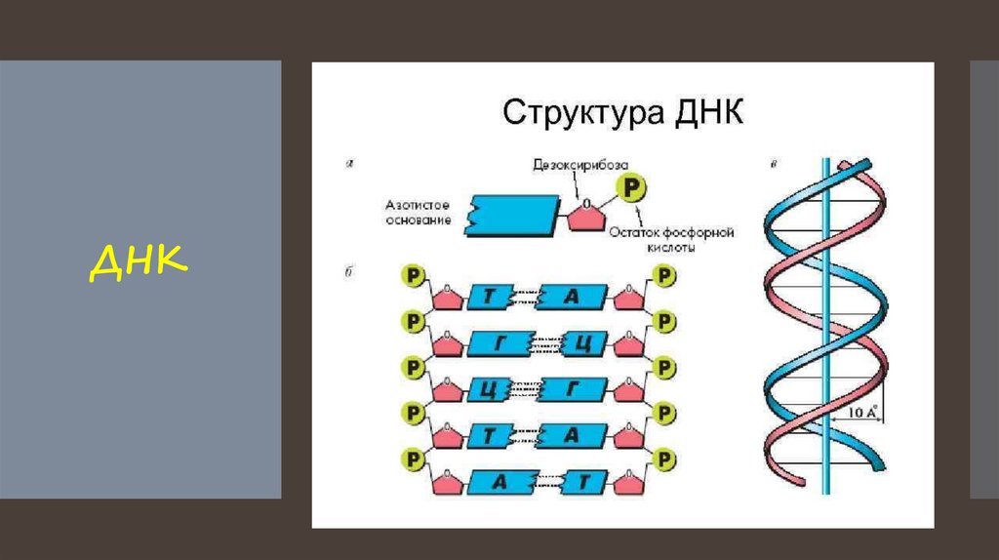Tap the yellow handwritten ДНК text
[x=139, y=261]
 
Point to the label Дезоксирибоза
[x=579, y=165]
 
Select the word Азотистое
[x=417, y=206]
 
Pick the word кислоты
[x=671, y=249]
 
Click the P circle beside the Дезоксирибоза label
[x=634, y=186]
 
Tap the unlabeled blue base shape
[x=514, y=213]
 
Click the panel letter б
[x=348, y=271]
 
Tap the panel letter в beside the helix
[x=773, y=163]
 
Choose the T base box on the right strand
[x=580, y=482]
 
